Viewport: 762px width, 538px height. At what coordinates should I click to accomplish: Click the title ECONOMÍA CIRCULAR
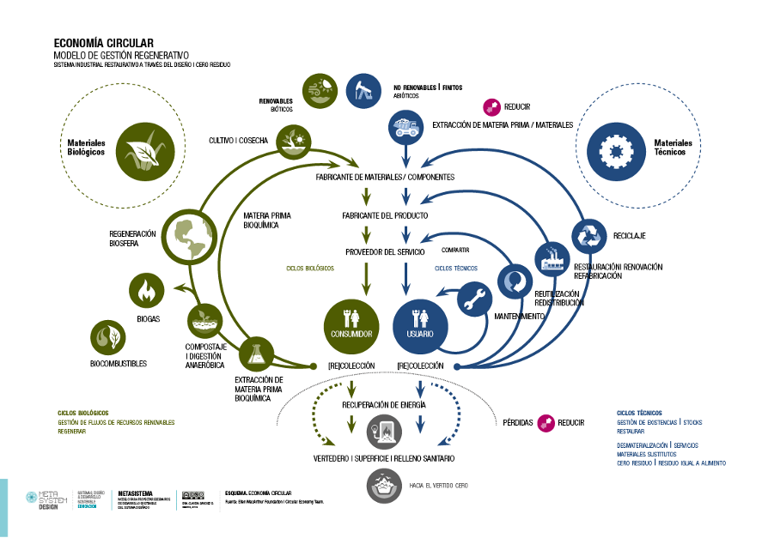[103, 42]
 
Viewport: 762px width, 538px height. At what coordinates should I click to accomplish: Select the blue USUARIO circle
[420, 324]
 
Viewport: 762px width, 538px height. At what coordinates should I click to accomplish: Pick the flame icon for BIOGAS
[147, 290]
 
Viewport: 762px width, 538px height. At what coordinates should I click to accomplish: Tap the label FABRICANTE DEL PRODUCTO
[385, 215]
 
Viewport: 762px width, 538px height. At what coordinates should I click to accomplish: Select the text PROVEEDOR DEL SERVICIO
[386, 251]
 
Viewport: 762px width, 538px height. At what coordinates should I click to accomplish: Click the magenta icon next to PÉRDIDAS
[546, 422]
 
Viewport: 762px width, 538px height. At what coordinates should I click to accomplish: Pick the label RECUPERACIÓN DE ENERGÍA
[384, 404]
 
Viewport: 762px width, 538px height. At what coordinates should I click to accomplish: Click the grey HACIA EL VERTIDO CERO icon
[384, 485]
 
